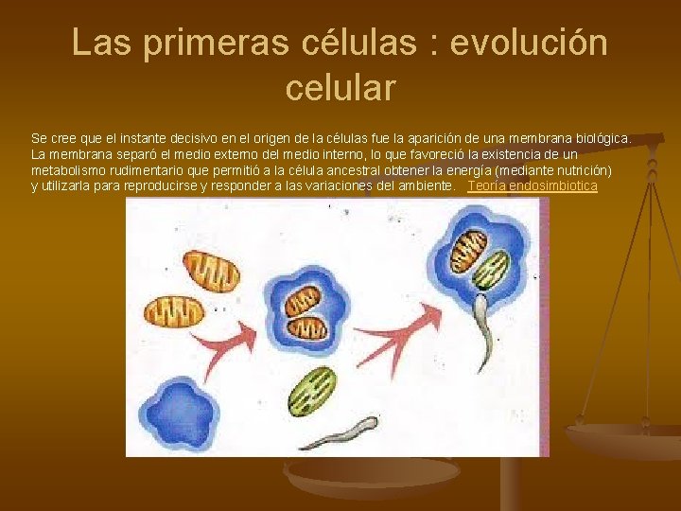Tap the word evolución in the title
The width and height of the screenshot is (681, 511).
530,44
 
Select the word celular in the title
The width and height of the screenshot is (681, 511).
340,88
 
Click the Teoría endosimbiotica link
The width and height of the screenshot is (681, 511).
533,186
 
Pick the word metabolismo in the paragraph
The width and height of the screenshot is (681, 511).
70,170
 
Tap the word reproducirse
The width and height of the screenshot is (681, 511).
156,186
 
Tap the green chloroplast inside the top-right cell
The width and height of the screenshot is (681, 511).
492,268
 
